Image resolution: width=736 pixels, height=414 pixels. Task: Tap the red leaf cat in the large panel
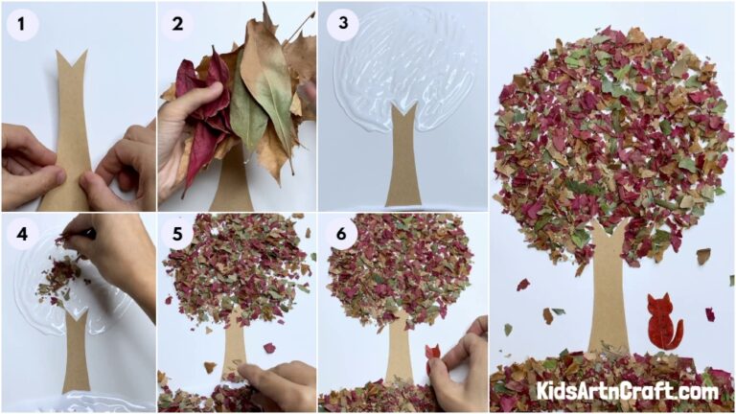click(662, 323)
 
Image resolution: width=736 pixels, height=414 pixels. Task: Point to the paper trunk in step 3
click(403, 158)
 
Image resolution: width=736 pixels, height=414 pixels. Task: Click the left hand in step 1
click(29, 163)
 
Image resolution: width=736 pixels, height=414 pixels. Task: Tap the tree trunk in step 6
click(399, 350)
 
